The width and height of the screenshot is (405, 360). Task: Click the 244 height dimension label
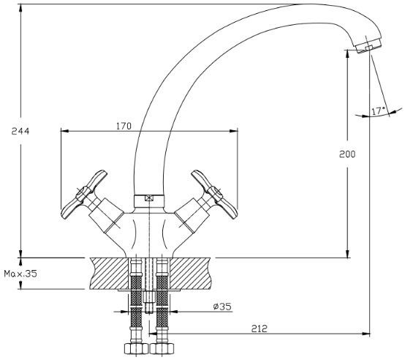pyautogui.click(x=20, y=131)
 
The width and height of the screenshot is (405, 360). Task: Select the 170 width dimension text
pyautogui.click(x=124, y=126)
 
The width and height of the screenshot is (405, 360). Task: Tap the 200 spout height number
pyautogui.click(x=347, y=154)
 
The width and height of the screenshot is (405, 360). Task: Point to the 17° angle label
pyautogui.click(x=379, y=111)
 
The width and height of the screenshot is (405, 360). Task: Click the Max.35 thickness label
pyautogui.click(x=20, y=274)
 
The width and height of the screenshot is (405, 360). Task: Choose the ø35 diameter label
pyautogui.click(x=222, y=307)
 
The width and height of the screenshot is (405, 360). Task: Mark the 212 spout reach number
pyautogui.click(x=260, y=329)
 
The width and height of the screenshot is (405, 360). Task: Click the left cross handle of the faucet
pyautogui.click(x=84, y=195)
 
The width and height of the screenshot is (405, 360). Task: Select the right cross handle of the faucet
pyautogui.click(x=214, y=195)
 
